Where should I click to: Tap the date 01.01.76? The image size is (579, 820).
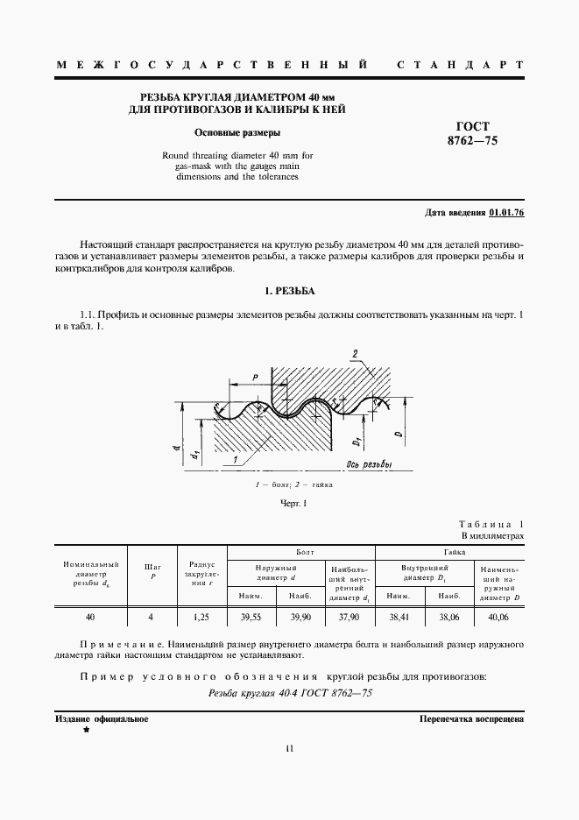pos(506,213)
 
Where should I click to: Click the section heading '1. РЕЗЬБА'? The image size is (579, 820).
pos(289,290)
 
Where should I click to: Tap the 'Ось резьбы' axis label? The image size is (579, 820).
pos(369,464)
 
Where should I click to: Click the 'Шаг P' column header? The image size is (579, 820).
pos(152,571)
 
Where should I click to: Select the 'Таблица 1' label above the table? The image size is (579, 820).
pos(492,522)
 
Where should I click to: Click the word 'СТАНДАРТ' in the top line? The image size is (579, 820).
pos(461,66)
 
